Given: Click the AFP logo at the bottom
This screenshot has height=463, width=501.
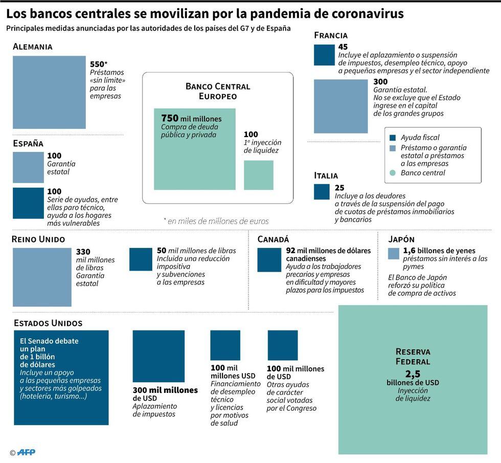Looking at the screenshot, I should tap(26, 452).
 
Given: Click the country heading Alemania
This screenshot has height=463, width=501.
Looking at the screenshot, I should tap(33, 47).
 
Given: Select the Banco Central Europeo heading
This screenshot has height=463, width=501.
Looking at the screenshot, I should tap(218, 91).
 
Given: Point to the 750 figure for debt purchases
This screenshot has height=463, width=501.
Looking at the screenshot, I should tap(170, 118).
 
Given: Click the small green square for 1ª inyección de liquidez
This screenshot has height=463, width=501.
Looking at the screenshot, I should tap(259, 175).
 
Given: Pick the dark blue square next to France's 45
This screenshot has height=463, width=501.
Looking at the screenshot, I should tap(324, 55).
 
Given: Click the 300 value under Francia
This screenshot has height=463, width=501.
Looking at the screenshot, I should tap(380, 82).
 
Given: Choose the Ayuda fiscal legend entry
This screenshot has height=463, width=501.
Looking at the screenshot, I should tap(420, 137).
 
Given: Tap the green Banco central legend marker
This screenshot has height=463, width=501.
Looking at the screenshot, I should tap(393, 173).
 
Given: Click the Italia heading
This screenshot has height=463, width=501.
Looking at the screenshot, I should tap(326, 175).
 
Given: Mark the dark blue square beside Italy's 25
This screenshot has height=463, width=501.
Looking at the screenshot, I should tap(322, 191).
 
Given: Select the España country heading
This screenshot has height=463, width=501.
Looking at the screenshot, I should tap(28, 144).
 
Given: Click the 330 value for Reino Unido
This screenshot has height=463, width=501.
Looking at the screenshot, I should tap(83, 252).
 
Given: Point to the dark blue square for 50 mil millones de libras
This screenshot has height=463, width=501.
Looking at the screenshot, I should tap(141, 259).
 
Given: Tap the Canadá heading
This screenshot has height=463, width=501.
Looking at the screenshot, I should tap(273, 239).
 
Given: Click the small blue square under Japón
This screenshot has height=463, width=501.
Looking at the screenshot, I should tap(394, 254).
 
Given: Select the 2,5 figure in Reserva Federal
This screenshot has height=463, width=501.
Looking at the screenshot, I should tap(413, 374).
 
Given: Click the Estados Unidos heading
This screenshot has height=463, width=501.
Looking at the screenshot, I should tap(48, 323).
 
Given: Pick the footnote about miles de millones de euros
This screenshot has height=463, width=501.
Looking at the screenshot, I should tap(216, 221).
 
